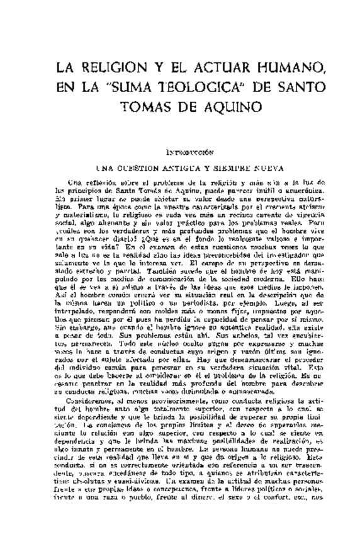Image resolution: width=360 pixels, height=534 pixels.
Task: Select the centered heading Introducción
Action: tap(189, 152)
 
